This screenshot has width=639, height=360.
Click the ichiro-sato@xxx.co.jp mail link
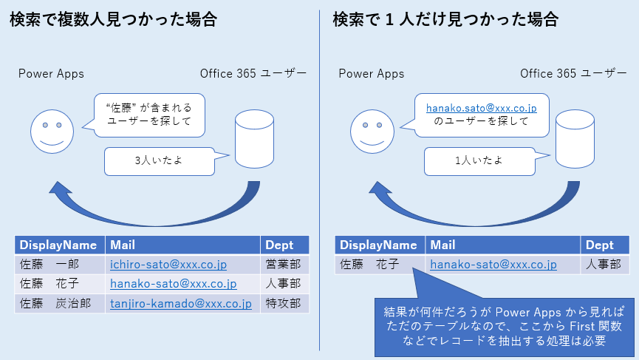coord(168,265)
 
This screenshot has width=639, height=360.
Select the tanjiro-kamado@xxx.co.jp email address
coord(181,304)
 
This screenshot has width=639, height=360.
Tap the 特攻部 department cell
coord(284,304)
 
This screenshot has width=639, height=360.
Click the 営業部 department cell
coord(284,265)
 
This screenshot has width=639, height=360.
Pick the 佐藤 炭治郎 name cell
coord(60,304)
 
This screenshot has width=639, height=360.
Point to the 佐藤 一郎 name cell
coord(60,265)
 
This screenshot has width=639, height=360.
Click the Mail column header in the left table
coord(182,245)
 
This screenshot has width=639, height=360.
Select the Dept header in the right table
coord(605,245)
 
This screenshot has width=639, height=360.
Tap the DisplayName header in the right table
coord(380,245)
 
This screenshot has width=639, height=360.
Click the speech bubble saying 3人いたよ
coord(160,161)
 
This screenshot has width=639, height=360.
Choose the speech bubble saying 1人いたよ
coord(479,161)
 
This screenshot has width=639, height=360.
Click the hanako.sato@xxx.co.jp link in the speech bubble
coord(482,108)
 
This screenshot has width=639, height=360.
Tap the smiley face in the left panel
coord(52,132)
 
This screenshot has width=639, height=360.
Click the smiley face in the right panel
coord(372,132)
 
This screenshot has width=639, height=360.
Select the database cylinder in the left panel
coord(254,139)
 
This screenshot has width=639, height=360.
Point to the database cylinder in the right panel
coord(575,139)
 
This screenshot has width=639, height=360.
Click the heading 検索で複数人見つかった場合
coord(113,19)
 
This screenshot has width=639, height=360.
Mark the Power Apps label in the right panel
coord(372,74)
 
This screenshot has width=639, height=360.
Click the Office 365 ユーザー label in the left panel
coord(253,73)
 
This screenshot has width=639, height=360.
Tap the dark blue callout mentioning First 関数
coord(504,326)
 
